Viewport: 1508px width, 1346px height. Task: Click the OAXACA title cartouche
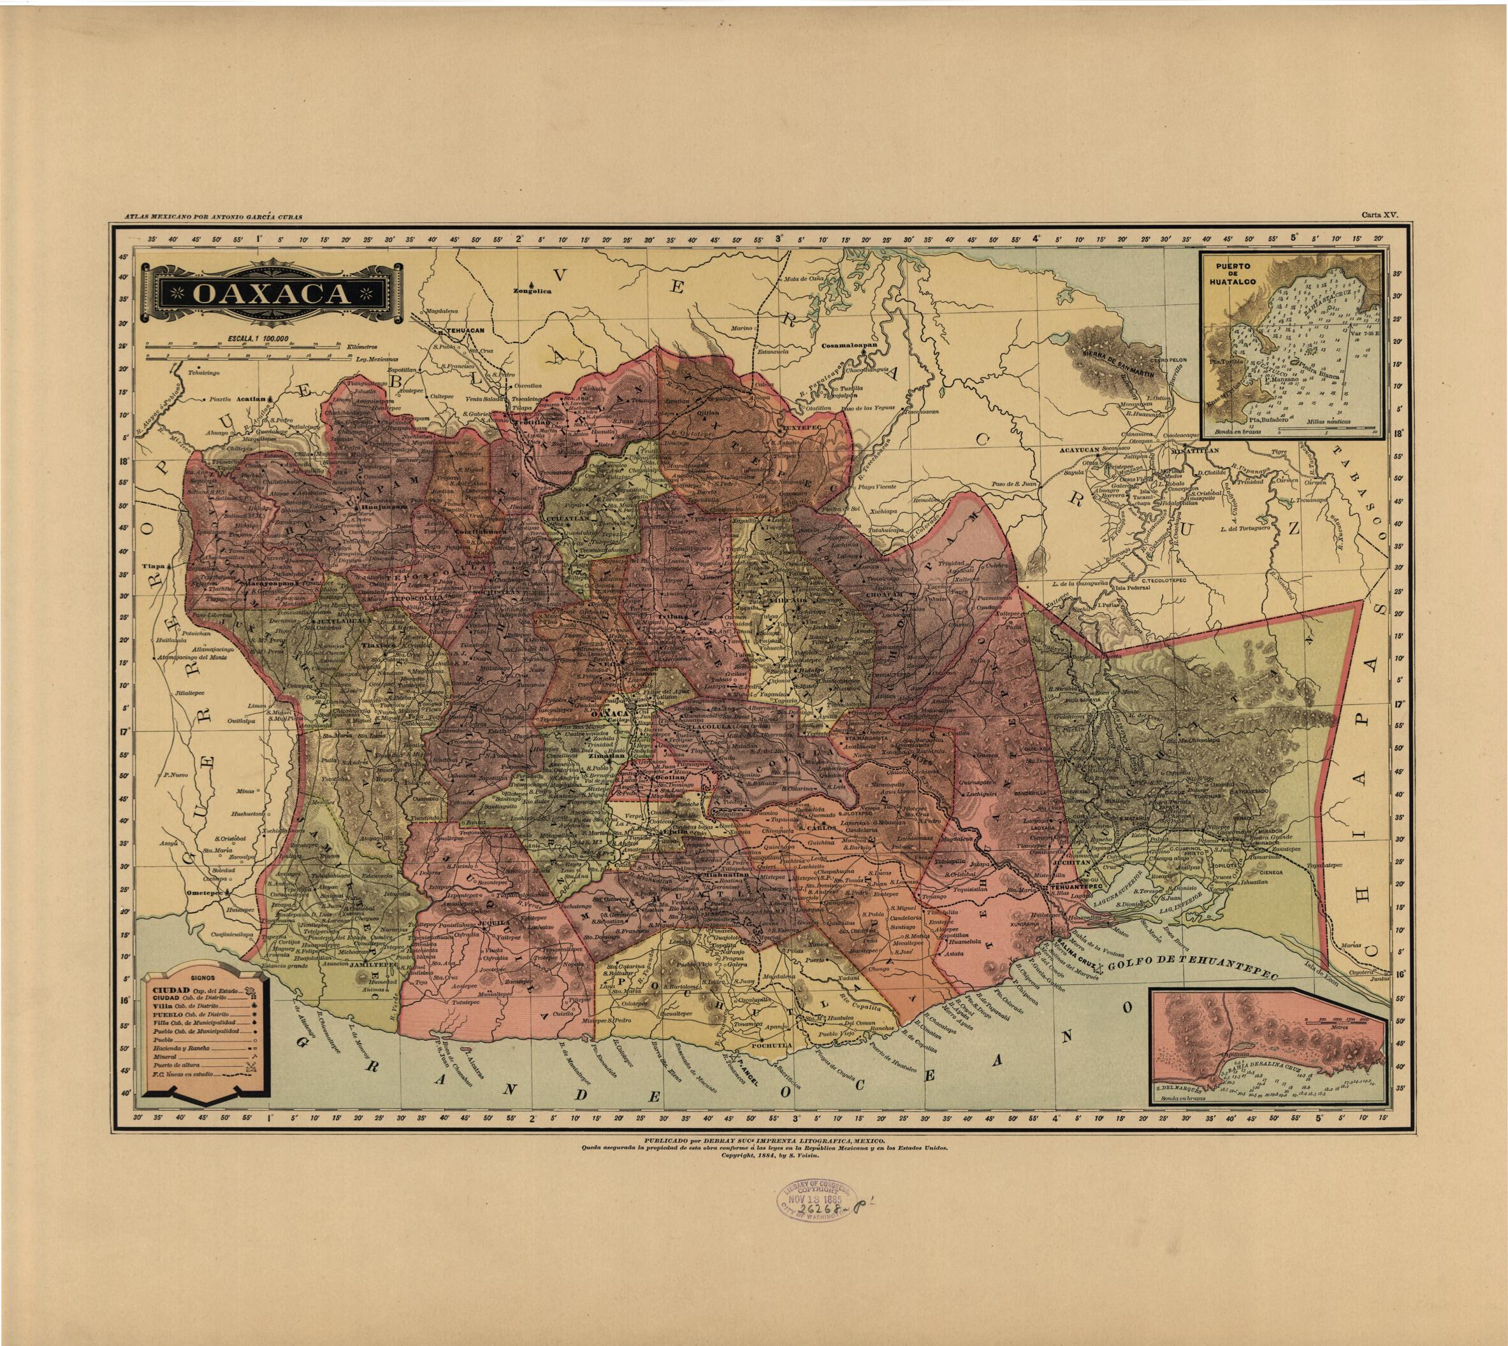pyautogui.click(x=272, y=294)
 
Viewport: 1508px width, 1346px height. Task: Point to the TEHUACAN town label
pyautogui.click(x=463, y=333)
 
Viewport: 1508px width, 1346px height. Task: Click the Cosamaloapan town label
pyautogui.click(x=848, y=345)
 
